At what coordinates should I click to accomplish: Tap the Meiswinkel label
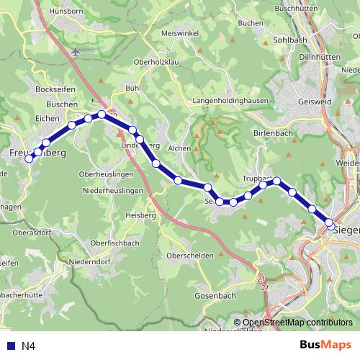(179, 33)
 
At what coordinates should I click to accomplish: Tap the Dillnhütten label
(319, 55)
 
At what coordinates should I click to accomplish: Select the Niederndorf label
(89, 262)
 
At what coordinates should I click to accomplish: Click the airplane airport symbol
(76, 51)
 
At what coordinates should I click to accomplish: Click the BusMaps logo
(325, 346)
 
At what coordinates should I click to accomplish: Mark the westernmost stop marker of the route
(30, 159)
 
